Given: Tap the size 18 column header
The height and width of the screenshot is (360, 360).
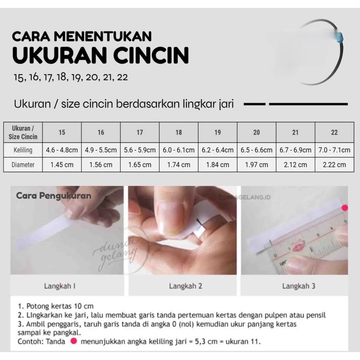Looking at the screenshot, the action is coord(179,132).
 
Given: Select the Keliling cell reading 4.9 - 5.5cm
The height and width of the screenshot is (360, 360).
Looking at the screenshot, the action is coord(101,150).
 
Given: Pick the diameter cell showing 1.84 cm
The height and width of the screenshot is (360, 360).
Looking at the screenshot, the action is coord(217,165).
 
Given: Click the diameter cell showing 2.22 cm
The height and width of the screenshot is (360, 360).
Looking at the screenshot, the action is coord(334,165).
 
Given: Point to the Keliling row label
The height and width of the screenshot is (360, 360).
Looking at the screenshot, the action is coord(23,150).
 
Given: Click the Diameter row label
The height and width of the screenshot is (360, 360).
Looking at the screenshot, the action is coord(23,165).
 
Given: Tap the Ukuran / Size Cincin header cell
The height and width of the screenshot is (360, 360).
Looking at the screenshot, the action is coord(23,132).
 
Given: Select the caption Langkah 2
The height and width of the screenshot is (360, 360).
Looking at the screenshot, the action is coord(185,286).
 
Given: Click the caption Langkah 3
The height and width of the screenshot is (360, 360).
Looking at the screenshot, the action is coord(299,286).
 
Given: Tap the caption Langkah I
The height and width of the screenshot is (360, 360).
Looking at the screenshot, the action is coord(60,286).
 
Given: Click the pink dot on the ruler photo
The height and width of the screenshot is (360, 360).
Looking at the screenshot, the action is coord(345,208).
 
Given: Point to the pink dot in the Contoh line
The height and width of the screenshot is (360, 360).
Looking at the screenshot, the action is coord(74,341).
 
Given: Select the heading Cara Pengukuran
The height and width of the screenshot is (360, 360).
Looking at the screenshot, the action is coord(54,196).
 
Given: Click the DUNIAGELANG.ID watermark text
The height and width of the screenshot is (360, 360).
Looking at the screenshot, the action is coord(245,197).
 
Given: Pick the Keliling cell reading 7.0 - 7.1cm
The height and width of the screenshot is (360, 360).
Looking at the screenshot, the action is coord(334,150).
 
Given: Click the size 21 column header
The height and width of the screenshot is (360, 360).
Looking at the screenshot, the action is coord(295,132).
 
